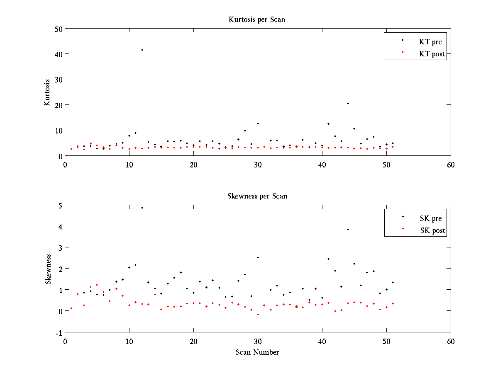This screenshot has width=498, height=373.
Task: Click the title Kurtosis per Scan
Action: (x=257, y=19)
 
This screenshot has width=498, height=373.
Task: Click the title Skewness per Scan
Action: (x=257, y=196)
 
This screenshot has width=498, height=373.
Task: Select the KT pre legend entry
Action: (x=432, y=42)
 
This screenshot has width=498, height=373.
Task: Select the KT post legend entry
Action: (x=432, y=54)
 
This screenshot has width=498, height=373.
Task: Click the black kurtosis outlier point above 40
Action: (x=142, y=50)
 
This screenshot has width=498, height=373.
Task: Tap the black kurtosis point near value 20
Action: (x=348, y=103)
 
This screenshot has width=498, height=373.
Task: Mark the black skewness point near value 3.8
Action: (x=348, y=229)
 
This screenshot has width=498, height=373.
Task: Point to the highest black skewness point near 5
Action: (x=142, y=208)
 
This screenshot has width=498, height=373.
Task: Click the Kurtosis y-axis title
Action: (x=47, y=92)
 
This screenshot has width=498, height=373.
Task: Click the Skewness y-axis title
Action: (x=49, y=269)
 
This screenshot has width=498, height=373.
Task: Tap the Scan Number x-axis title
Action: (x=257, y=352)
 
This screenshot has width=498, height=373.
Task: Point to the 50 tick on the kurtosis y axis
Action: (x=59, y=29)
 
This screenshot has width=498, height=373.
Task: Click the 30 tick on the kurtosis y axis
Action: (x=59, y=79)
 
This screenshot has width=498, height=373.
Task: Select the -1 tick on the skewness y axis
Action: (x=60, y=332)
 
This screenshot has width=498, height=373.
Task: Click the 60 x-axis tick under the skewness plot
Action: (x=451, y=341)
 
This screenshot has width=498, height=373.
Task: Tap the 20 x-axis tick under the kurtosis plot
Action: (x=193, y=165)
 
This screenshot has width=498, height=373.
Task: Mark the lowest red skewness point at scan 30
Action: (x=258, y=315)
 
